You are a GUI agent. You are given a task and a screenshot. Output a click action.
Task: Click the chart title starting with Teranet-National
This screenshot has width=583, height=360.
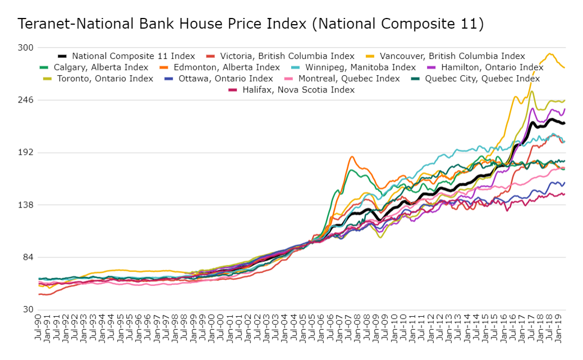(250, 24)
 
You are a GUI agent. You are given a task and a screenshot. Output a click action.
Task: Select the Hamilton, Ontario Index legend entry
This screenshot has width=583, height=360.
(487, 67)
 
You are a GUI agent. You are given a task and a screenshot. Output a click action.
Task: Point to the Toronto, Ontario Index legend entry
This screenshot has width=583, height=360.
(105, 79)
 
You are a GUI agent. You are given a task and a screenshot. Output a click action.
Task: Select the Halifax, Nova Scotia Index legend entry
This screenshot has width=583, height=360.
(298, 90)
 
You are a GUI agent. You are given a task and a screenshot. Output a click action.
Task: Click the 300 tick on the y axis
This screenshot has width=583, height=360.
(26, 48)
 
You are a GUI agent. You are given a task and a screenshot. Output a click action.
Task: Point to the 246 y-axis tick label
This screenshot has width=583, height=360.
(26, 100)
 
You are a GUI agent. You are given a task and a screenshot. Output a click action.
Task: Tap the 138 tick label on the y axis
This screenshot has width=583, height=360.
(26, 205)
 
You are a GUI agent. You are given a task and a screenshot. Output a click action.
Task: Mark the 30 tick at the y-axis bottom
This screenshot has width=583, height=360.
(29, 310)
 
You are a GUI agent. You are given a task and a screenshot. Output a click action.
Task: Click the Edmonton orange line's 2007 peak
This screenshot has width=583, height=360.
(351, 156)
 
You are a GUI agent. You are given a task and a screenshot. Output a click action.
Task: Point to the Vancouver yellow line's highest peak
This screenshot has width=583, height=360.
(550, 54)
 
